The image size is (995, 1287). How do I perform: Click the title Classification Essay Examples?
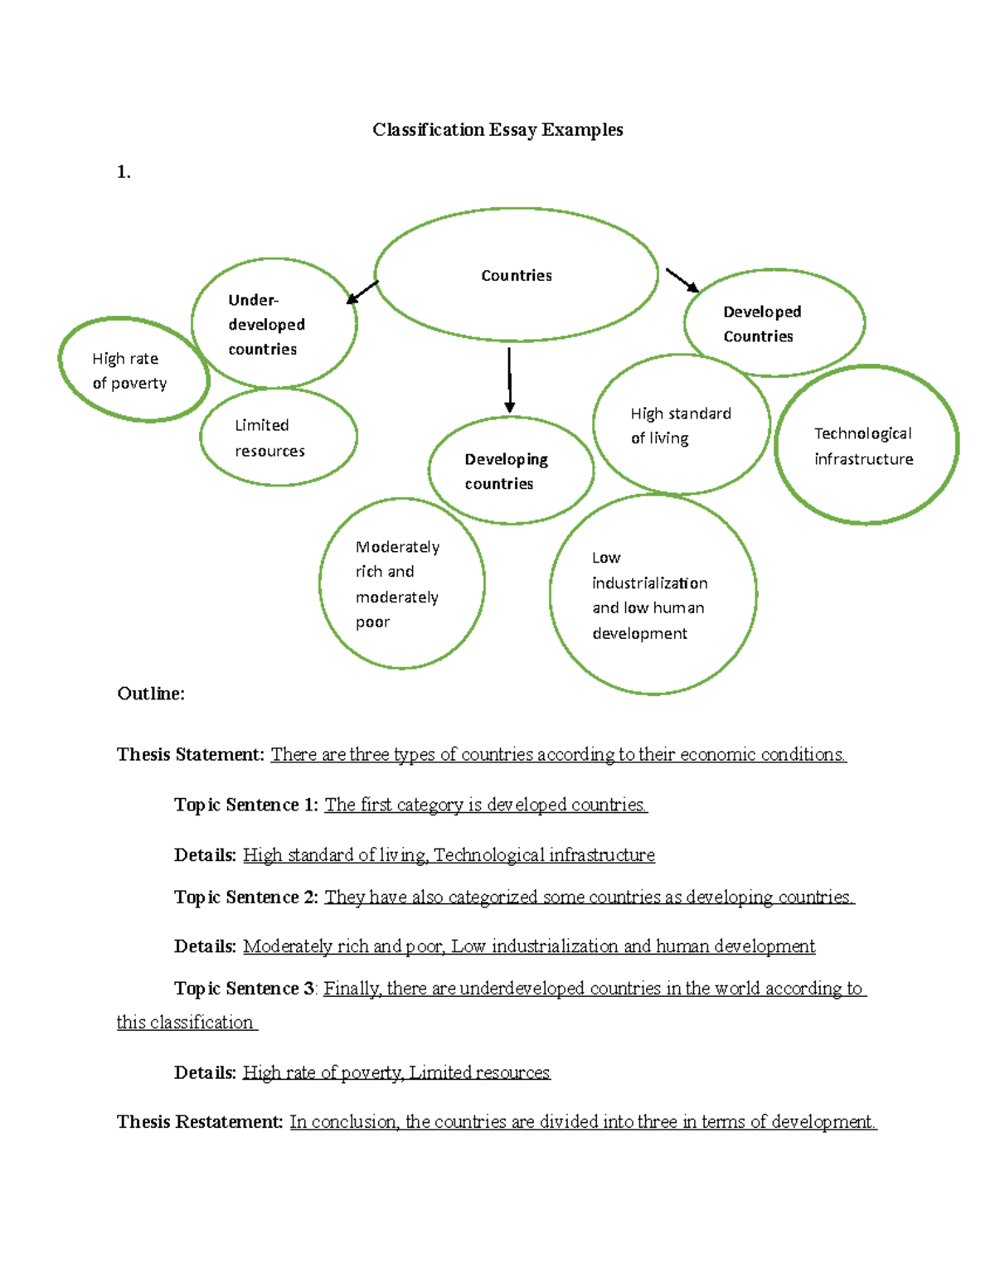[498, 130]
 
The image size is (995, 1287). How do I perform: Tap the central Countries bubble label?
[517, 276]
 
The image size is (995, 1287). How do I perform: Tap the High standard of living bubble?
[681, 425]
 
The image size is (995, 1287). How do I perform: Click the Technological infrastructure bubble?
[864, 446]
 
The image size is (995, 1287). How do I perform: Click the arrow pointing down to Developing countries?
[509, 380]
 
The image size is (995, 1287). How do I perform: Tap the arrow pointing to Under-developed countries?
[362, 293]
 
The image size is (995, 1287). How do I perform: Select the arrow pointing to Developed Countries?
[682, 280]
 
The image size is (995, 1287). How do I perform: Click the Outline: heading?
[151, 694]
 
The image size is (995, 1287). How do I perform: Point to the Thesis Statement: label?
[191, 755]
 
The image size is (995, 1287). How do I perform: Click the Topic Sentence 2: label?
[246, 898]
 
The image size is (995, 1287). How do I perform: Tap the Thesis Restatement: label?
[200, 1122]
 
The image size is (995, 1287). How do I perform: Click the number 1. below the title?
[124, 172]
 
